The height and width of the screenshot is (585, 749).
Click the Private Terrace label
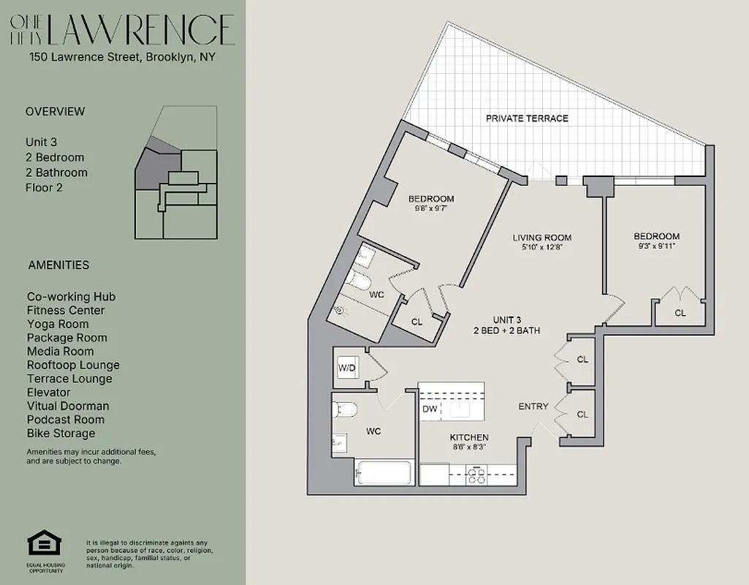(x=526, y=118)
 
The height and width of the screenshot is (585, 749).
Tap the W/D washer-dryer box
(x=346, y=368)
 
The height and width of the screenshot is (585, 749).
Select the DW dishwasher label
(x=430, y=409)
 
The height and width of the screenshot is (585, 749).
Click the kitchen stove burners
(x=476, y=476)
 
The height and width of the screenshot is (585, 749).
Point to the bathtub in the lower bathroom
(x=385, y=472)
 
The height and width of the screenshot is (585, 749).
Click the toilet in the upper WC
(x=361, y=280)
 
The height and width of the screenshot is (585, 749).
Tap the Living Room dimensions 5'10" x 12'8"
(x=541, y=247)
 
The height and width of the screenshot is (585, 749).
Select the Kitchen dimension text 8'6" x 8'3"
(x=468, y=446)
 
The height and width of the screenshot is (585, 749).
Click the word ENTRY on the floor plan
(x=533, y=407)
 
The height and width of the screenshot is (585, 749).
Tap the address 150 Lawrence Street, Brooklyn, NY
(x=122, y=57)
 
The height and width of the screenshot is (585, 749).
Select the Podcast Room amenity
(x=66, y=420)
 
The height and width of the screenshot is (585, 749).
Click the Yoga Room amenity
(x=58, y=324)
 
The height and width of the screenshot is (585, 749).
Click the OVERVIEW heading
(x=55, y=112)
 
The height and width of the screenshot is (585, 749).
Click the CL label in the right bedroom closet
(x=680, y=313)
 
